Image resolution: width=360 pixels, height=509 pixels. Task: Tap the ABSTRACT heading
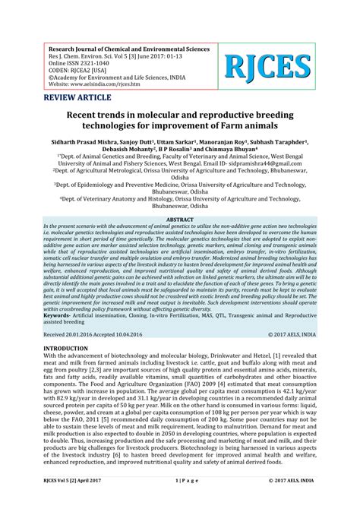(179, 219)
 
